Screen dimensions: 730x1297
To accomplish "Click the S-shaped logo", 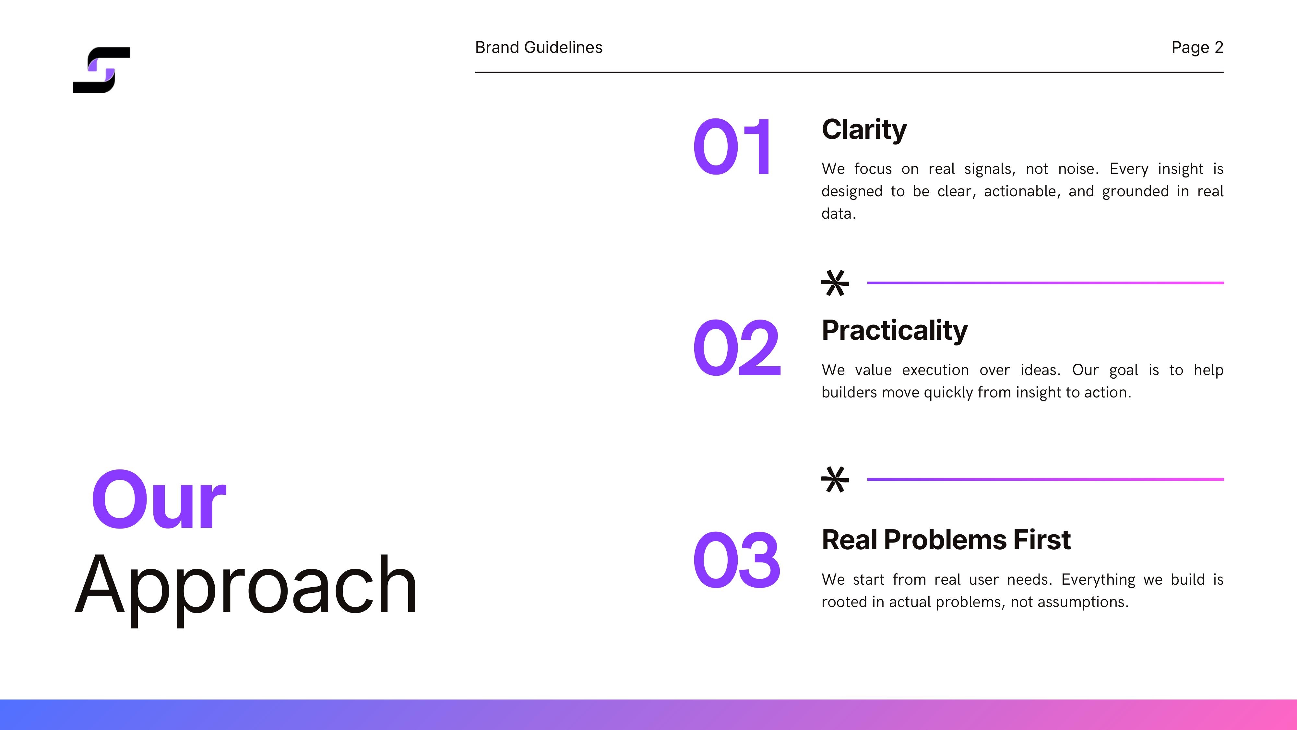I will tap(102, 70).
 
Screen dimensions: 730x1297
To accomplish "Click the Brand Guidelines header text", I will tap(539, 47).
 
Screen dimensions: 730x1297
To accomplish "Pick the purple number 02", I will tap(737, 347).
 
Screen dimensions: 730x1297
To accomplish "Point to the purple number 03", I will tap(737, 559).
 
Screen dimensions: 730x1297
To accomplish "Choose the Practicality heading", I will tap(894, 331).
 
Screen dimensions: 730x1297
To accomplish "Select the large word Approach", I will tap(246, 585).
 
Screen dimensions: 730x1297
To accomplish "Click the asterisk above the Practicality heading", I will tap(835, 283).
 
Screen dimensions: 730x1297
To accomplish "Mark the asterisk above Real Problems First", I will tap(835, 480).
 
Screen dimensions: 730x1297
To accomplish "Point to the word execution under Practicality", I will tap(935, 370).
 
